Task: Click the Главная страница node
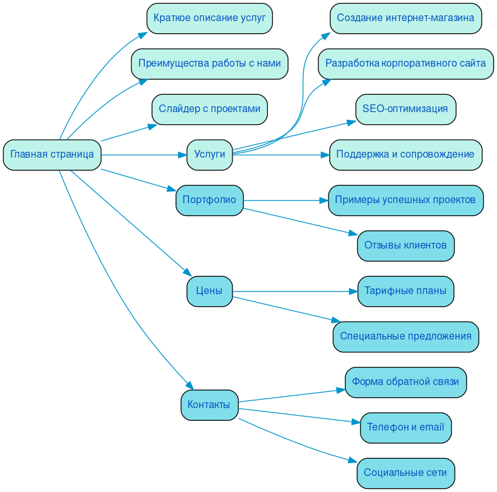[x=52, y=154]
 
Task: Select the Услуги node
[x=209, y=154]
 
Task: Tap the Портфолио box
[x=209, y=200]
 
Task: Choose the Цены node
[x=209, y=291]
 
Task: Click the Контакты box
[x=209, y=405]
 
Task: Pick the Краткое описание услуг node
[x=209, y=18]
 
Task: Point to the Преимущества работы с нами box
[x=209, y=63]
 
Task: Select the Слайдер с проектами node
[x=209, y=109]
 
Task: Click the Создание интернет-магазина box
[x=405, y=18]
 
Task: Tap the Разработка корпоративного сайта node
[x=405, y=63]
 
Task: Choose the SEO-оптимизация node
[x=405, y=109]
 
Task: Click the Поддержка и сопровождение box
[x=405, y=154]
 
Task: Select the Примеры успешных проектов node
[x=405, y=200]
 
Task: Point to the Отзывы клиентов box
[x=405, y=245]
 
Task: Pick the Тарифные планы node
[x=405, y=291]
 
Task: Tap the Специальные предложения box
[x=405, y=336]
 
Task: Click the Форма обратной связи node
[x=405, y=382]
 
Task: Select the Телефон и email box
[x=405, y=427]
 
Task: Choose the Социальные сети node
[x=405, y=473]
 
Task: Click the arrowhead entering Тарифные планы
[x=353, y=291]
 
